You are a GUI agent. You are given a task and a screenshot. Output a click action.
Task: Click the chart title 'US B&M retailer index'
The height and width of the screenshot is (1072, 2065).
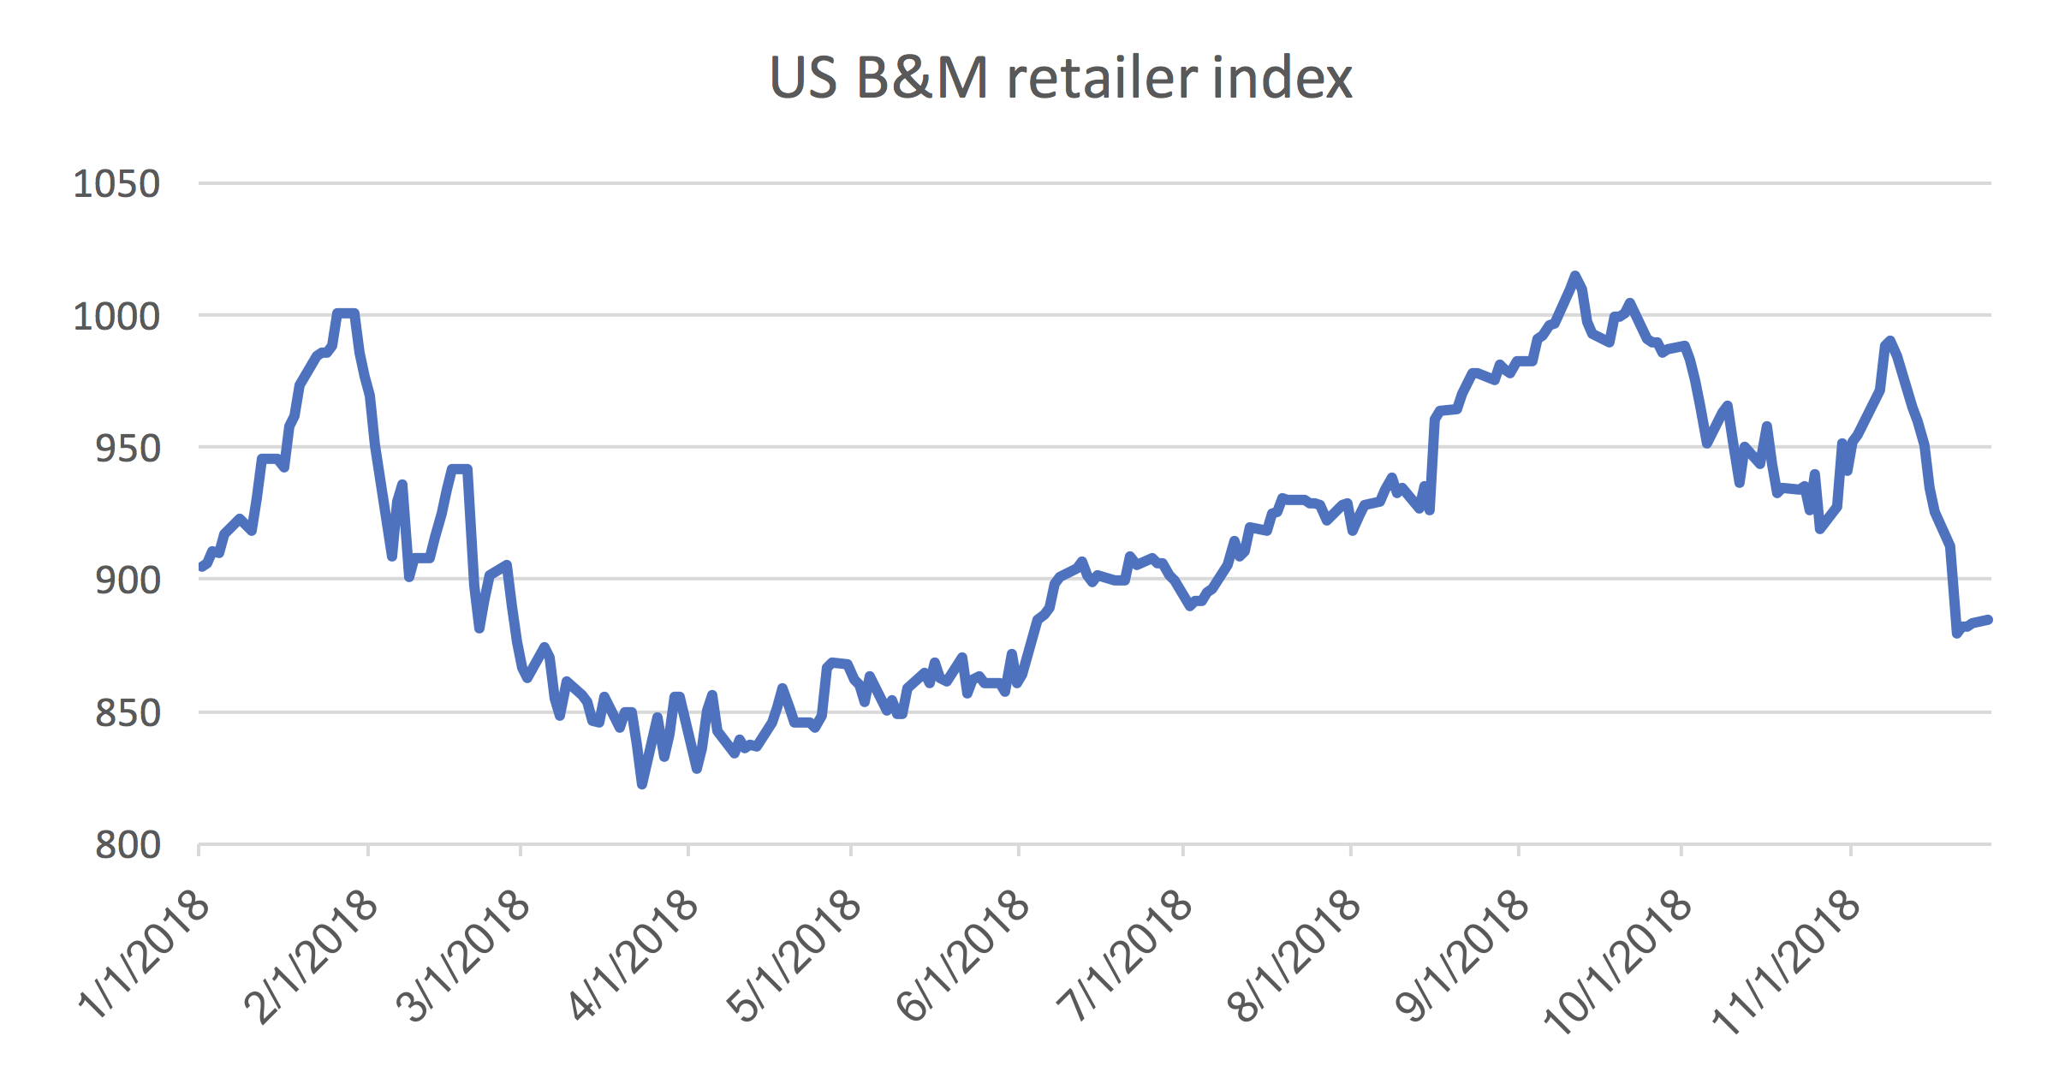pyautogui.click(x=1060, y=78)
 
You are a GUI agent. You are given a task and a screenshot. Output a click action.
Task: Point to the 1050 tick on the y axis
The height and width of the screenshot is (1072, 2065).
pyautogui.click(x=116, y=184)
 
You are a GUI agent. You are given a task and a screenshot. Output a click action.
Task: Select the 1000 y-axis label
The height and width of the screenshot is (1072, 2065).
pyautogui.click(x=116, y=317)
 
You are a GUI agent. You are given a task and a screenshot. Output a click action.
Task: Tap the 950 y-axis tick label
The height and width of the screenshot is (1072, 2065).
pyautogui.click(x=128, y=449)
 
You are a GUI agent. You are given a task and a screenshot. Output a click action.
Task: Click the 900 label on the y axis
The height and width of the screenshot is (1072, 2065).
pyautogui.click(x=128, y=581)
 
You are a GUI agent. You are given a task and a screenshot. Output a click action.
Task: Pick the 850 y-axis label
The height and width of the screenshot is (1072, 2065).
pyautogui.click(x=128, y=713)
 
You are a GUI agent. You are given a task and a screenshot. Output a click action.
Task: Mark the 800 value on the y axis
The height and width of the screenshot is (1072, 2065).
pyautogui.click(x=128, y=845)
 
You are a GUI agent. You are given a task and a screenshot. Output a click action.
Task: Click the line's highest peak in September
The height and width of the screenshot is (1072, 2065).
pyautogui.click(x=1574, y=276)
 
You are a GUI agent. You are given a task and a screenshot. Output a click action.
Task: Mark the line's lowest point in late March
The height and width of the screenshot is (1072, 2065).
pyautogui.click(x=642, y=783)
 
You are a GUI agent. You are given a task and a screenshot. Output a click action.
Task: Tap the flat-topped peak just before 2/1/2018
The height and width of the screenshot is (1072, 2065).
pyautogui.click(x=345, y=313)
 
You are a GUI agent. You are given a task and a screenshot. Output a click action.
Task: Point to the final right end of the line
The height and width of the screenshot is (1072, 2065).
pyautogui.click(x=1989, y=619)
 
